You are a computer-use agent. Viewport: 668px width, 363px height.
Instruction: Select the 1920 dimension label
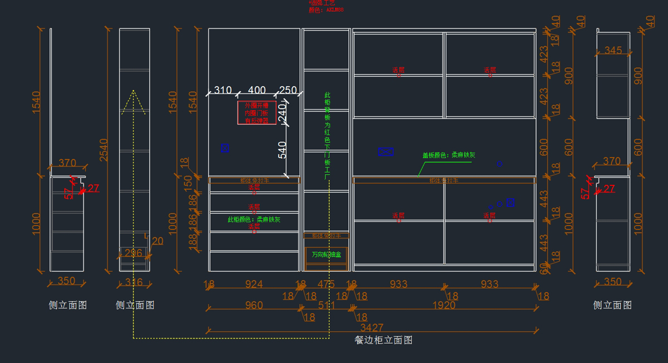pos(444,305)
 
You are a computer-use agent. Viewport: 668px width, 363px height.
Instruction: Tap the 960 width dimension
pos(253,305)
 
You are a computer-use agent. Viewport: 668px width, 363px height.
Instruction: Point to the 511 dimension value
pos(326,305)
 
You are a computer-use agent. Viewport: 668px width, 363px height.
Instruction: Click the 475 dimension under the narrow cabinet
pos(326,284)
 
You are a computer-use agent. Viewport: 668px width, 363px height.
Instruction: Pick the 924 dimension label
pos(254,284)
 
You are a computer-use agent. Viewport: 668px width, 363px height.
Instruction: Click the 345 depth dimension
pos(613,51)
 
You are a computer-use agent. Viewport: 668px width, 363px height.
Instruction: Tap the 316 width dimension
pos(134,283)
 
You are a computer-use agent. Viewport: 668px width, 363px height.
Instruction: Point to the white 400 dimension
pos(257,90)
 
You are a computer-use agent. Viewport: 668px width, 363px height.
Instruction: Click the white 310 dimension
pos(223,90)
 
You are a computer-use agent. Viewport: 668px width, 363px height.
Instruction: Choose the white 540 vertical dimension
pos(283,150)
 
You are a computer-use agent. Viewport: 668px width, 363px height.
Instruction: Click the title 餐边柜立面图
pos(384,340)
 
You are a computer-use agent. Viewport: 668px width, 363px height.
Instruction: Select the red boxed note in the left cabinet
pos(257,112)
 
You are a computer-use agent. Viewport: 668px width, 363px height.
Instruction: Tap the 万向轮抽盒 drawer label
pos(326,254)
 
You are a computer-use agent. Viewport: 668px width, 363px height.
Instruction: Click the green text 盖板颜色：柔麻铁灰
pos(448,155)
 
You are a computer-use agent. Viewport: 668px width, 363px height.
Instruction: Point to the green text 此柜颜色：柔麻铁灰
pos(254,219)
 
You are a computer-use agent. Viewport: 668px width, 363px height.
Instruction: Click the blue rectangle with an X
pos(386,151)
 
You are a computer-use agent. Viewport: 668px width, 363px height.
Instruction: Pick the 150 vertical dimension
pos(188,182)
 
